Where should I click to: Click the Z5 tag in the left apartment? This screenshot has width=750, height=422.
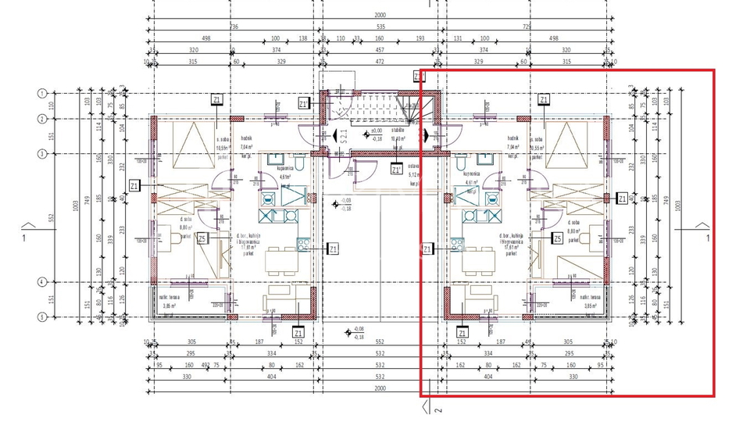[202, 239]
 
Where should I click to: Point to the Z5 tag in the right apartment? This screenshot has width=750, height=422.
[558, 238]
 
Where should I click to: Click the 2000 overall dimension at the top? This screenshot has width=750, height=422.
[380, 14]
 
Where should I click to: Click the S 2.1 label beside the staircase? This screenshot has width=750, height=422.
[344, 139]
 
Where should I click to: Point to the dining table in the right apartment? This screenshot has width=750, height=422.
[474, 259]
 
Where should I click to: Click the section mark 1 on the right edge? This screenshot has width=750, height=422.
[707, 238]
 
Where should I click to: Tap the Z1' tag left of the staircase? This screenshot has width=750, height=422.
[303, 103]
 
